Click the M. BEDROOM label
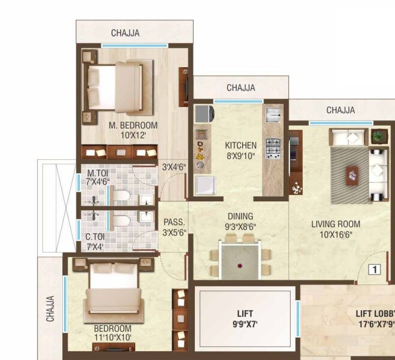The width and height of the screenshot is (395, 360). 132,125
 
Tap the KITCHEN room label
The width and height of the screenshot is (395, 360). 240,145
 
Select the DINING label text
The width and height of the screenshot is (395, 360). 240,216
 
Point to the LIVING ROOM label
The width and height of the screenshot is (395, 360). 336,224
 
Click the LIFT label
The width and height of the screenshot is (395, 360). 245,313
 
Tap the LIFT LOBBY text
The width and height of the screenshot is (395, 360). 375,313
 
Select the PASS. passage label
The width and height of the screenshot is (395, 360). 174,222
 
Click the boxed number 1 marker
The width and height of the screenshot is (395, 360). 374,270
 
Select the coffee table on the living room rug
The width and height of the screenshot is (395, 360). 352,175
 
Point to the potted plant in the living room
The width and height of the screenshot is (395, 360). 378,137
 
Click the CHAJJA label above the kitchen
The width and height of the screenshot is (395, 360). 240,88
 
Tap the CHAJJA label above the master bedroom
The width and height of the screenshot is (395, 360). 125,34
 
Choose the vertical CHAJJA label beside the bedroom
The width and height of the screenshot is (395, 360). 51,309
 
